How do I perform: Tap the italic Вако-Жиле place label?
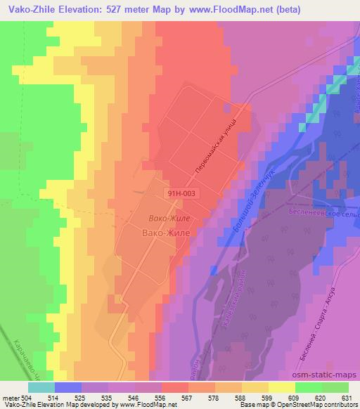pos(169,219)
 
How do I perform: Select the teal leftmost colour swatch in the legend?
pos(41,387)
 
